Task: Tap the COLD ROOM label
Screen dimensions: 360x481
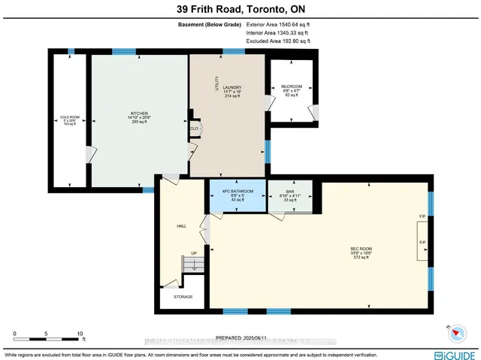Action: (69, 117)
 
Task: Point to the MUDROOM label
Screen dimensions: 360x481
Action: (291, 86)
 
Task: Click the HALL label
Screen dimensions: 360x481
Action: (181, 225)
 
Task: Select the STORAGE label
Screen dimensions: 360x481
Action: (183, 297)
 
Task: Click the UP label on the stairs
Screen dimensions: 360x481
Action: (195, 253)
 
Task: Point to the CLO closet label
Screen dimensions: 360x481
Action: (194, 128)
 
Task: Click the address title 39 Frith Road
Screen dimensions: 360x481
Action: (240, 9)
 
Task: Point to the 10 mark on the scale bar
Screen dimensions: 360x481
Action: (79, 332)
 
